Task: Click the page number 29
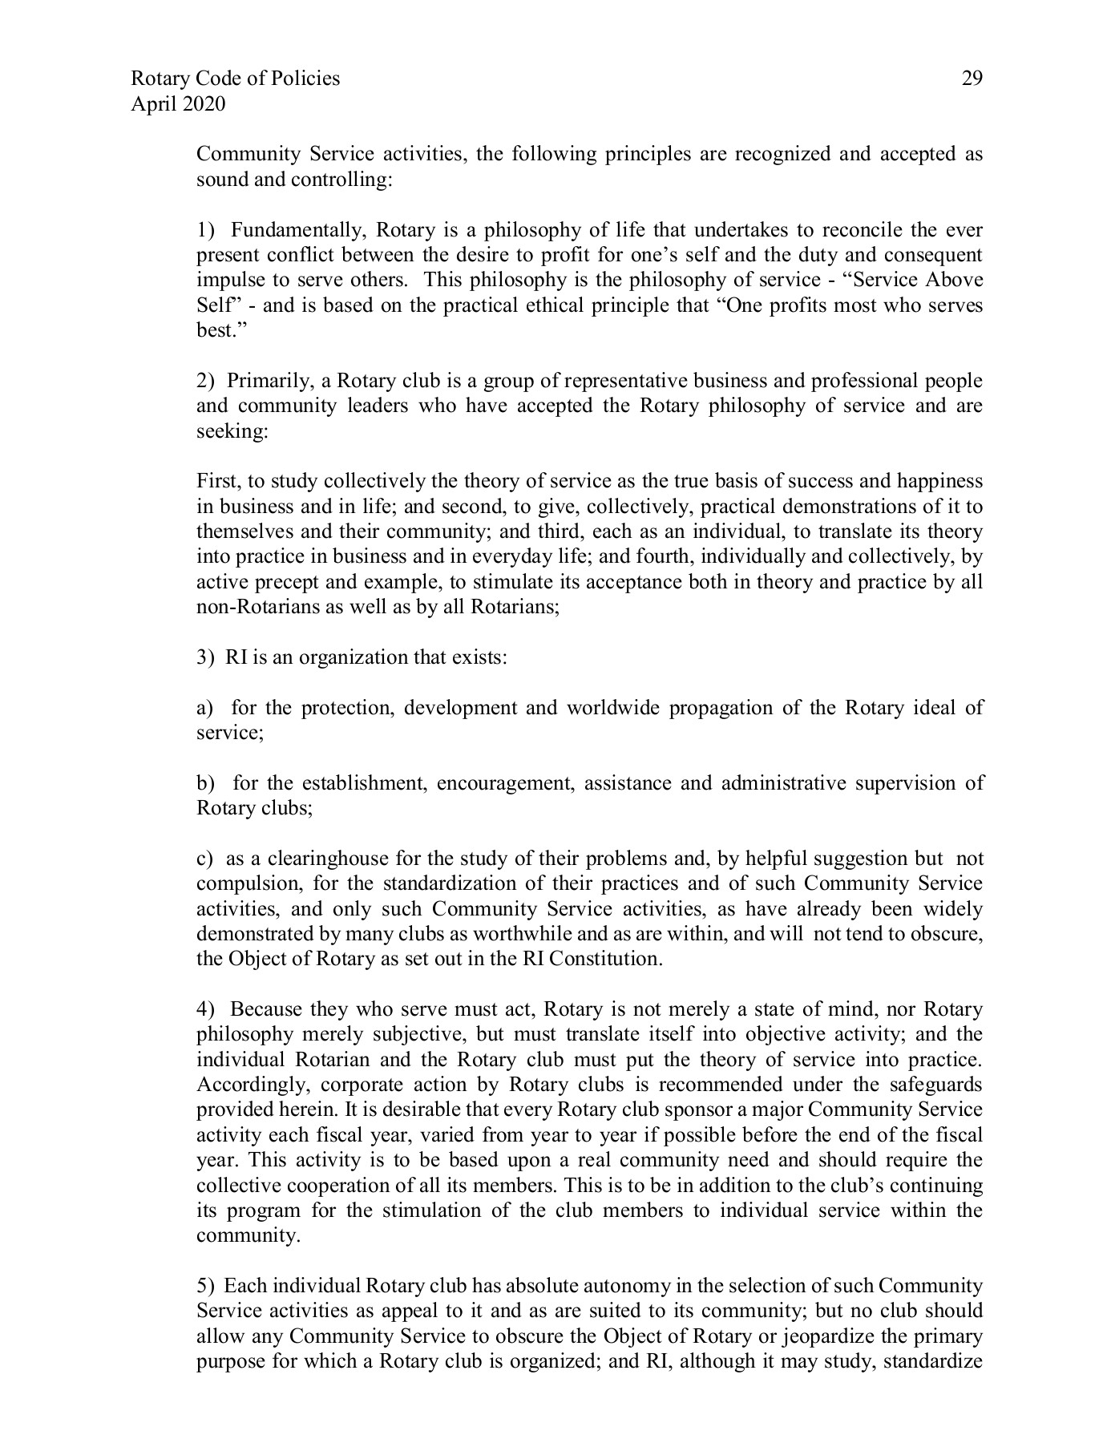(972, 79)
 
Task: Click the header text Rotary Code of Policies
(235, 79)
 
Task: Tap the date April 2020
(177, 104)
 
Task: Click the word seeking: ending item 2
(232, 431)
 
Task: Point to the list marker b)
(206, 783)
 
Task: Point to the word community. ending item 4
(248, 1235)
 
